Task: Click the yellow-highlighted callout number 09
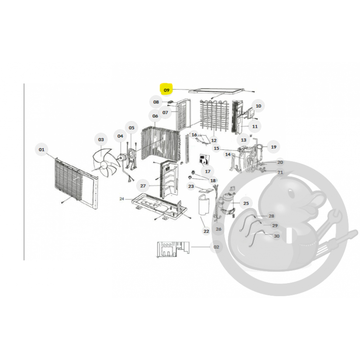tap(166, 90)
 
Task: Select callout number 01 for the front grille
tap(41, 149)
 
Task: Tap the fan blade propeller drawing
tap(105, 162)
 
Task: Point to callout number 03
tap(101, 139)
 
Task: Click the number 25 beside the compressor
tap(246, 203)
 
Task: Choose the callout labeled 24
tap(121, 198)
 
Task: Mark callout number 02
tap(216, 247)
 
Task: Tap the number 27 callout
tap(143, 186)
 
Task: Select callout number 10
tap(258, 106)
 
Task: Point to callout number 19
tap(274, 147)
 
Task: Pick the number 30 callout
tap(277, 236)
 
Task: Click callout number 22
tap(206, 231)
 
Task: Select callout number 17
tap(208, 171)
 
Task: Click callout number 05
tap(131, 128)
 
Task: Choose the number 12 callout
tap(214, 140)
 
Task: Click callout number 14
tap(228, 154)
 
